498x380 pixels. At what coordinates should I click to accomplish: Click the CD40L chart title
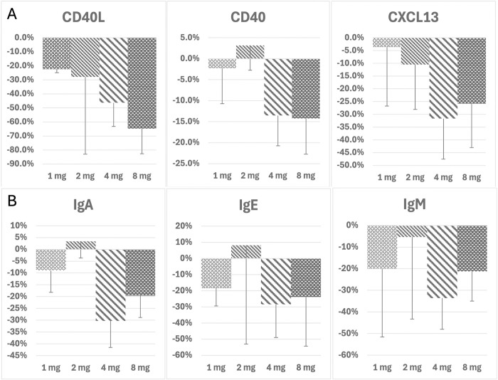[x=83, y=18]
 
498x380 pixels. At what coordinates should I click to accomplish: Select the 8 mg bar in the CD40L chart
[x=142, y=83]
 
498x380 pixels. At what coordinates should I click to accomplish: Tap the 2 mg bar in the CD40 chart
[x=250, y=52]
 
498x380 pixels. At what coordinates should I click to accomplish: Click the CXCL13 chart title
[x=413, y=17]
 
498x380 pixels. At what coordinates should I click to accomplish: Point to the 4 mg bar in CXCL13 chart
[x=443, y=78]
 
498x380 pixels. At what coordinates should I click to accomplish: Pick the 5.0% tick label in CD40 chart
[x=190, y=38]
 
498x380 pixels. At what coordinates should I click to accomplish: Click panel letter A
[x=12, y=14]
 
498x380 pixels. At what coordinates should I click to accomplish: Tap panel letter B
[x=12, y=201]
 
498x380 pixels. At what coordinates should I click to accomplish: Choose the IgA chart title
[x=83, y=206]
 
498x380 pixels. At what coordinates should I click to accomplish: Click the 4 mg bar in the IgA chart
[x=110, y=285]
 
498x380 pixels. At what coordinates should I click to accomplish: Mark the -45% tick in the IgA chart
[x=18, y=355]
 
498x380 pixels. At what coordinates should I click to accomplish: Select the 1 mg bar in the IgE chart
[x=216, y=273]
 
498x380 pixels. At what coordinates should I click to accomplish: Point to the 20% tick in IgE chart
[x=184, y=226]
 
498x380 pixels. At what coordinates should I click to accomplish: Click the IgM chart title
[x=415, y=205]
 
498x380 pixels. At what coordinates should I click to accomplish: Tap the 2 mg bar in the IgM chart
[x=412, y=231]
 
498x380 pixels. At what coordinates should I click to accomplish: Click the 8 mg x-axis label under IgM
[x=472, y=368]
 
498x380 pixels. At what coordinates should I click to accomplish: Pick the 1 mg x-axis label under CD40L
[x=57, y=176]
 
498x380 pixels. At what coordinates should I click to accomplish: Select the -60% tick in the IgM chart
[x=349, y=355]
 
